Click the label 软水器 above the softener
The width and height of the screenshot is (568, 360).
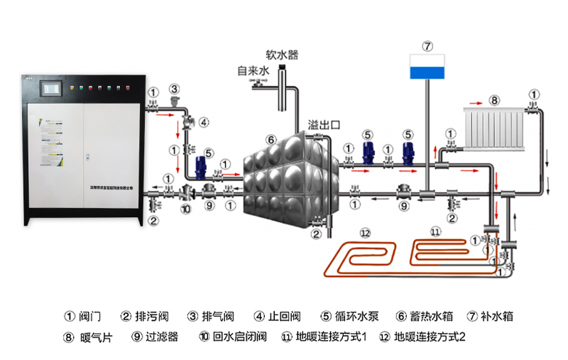pos(282,54)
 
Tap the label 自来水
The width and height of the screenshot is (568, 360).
pos(253,71)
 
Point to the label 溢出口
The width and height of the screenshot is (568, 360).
pos(324,125)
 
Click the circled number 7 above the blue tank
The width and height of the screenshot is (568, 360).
pos(427,45)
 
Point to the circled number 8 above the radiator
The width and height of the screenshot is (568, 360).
pos(494,99)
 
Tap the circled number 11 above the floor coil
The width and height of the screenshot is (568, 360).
pos(435,231)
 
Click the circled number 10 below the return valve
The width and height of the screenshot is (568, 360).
pos(186,209)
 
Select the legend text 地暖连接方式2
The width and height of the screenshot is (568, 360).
pos(431,337)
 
